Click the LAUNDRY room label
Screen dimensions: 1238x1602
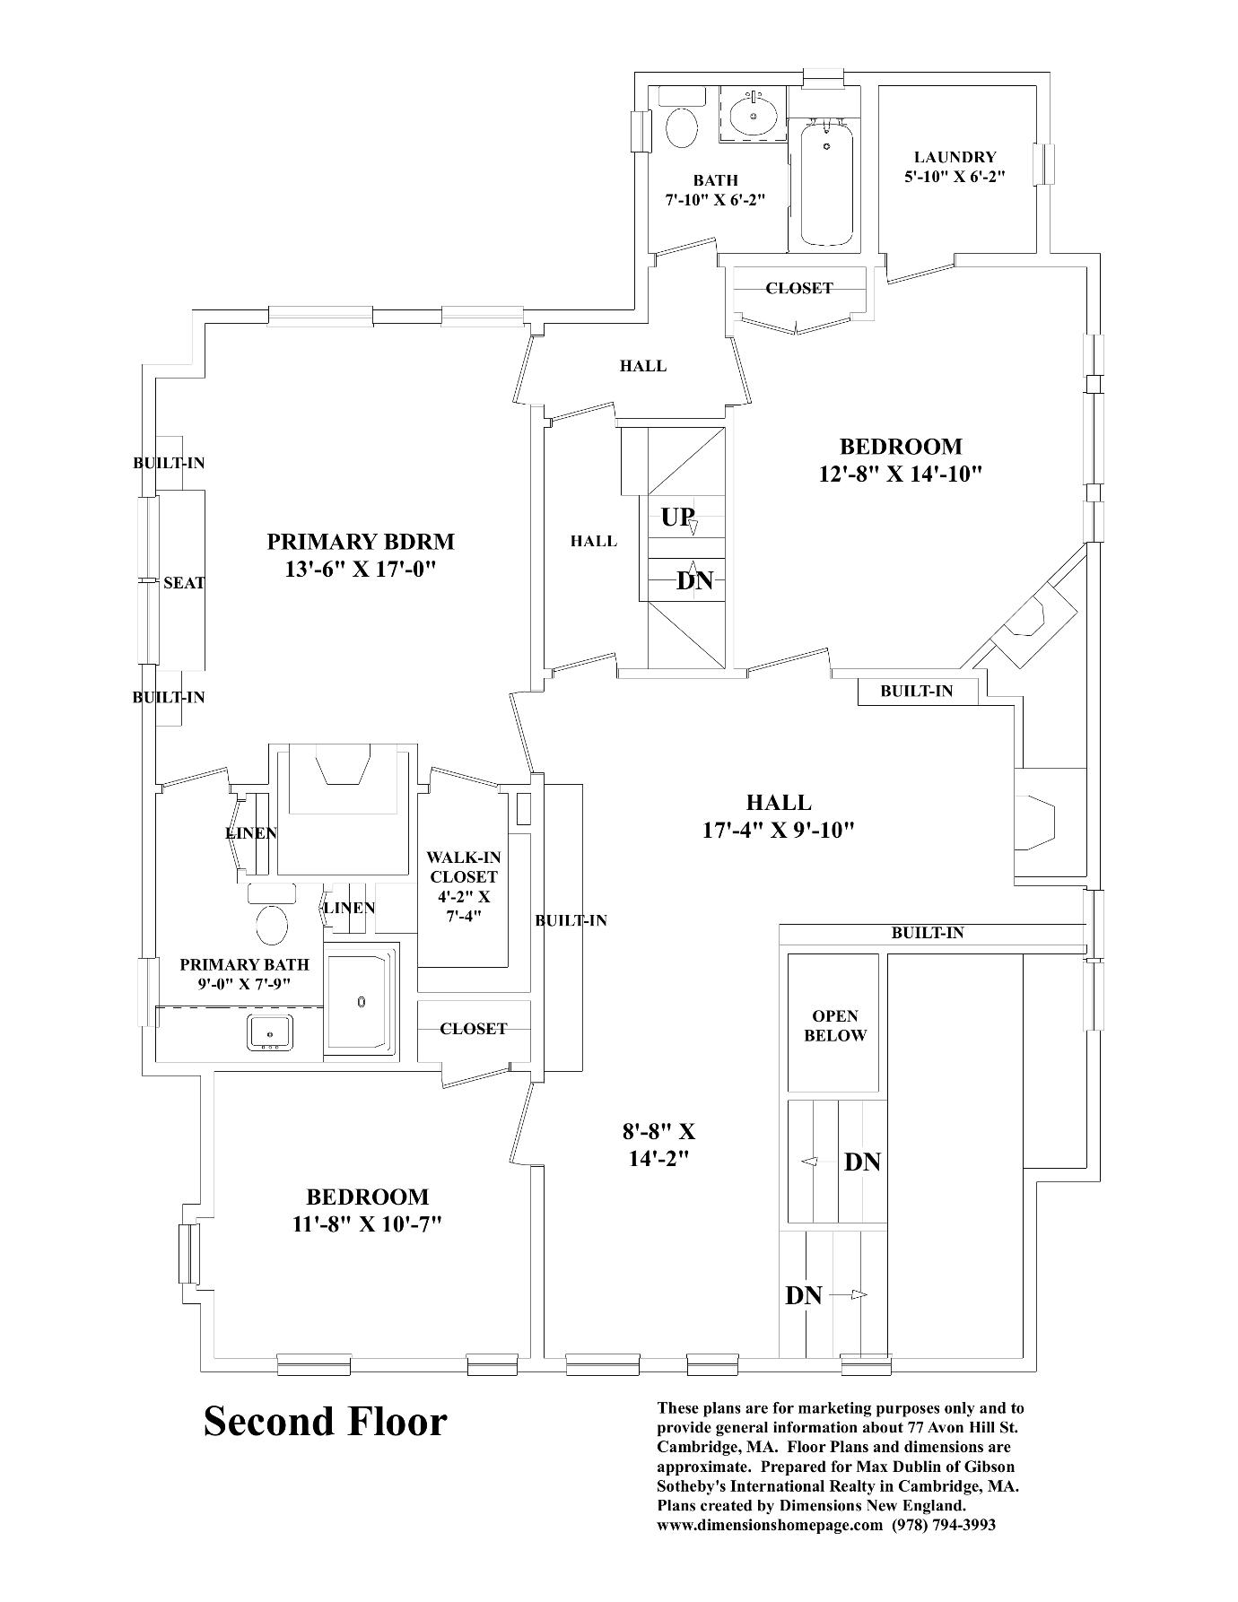(x=955, y=157)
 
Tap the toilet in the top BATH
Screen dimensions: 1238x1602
(x=682, y=127)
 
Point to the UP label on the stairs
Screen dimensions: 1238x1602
(x=677, y=518)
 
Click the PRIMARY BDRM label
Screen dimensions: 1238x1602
(x=361, y=542)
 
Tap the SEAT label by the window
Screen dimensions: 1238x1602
(x=184, y=583)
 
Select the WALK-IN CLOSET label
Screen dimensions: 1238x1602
(x=463, y=867)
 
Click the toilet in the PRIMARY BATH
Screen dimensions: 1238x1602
(x=271, y=924)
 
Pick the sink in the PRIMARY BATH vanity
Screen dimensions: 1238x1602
(x=270, y=1032)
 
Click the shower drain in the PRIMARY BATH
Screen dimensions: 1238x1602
(x=362, y=1001)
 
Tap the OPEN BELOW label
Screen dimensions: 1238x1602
(x=835, y=1026)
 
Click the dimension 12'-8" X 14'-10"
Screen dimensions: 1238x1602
(x=901, y=474)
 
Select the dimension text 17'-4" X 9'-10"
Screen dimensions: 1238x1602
(x=778, y=830)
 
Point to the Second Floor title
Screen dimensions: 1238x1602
(x=325, y=1422)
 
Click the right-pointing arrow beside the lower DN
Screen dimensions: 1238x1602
(x=858, y=1294)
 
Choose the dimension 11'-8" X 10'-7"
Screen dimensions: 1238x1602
(x=368, y=1224)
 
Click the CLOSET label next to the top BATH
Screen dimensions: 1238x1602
(x=798, y=288)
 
